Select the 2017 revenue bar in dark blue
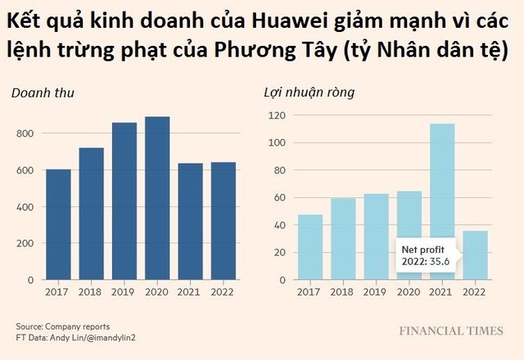click(x=58, y=224)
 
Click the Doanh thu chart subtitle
click(x=42, y=92)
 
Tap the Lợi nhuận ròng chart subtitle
click(x=309, y=92)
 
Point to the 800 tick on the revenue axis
click(x=25, y=133)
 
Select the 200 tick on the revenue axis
click(x=25, y=243)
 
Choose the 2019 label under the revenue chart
click(x=124, y=291)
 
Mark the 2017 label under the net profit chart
click(x=310, y=291)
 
